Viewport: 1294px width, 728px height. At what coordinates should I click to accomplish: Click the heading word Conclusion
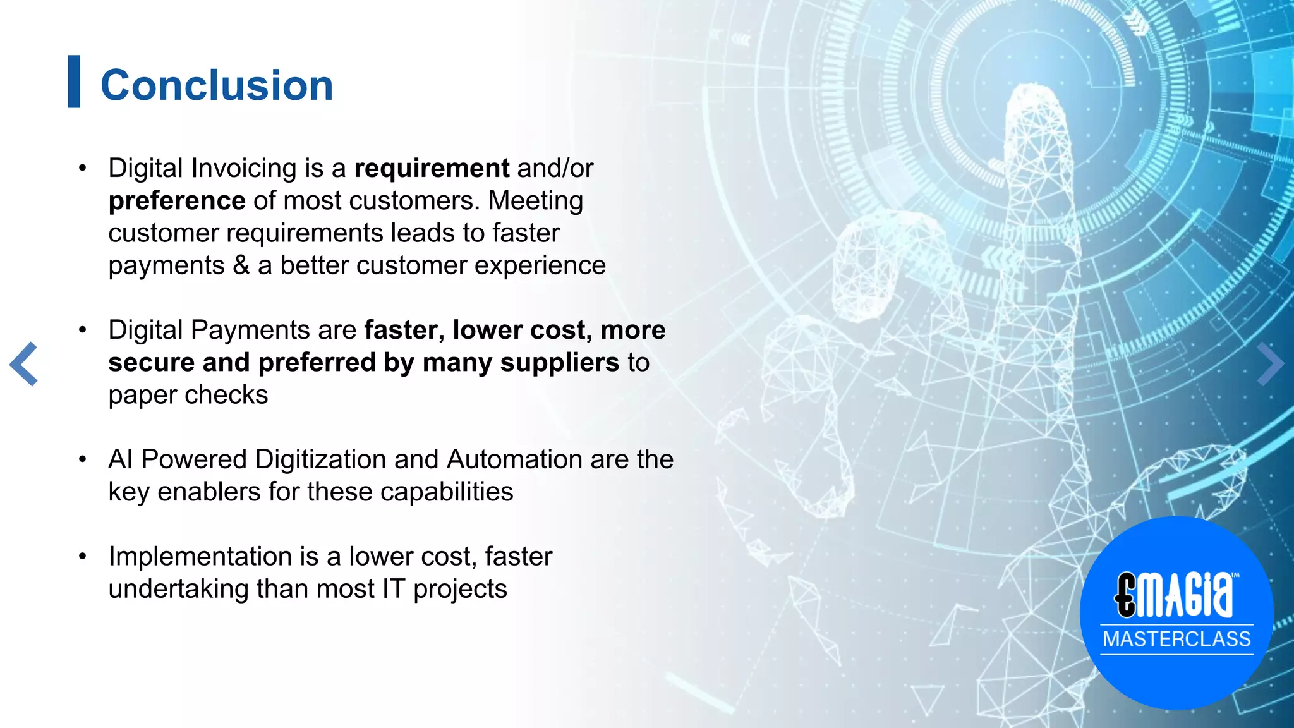[x=217, y=85]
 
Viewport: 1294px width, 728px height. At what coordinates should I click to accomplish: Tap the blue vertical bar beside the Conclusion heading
[x=74, y=82]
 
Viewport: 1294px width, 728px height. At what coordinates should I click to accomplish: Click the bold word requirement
[x=432, y=169]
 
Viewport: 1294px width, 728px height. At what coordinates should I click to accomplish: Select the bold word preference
[x=177, y=201]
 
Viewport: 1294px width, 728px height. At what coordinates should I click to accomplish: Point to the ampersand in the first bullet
[x=241, y=265]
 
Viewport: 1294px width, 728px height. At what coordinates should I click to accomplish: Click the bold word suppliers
[x=559, y=363]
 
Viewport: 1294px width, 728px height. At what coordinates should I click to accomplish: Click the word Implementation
[x=200, y=557]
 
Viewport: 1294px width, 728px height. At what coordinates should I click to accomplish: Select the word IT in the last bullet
[x=392, y=589]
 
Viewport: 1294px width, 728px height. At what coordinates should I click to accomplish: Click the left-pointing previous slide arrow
[x=24, y=364]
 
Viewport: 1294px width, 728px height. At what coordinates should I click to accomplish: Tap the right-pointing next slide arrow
[x=1270, y=364]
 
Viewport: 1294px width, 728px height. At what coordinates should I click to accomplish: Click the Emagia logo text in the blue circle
[x=1173, y=595]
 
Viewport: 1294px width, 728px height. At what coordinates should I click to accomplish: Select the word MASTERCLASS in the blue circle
[x=1176, y=639]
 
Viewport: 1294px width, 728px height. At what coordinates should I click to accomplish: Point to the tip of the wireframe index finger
[x=1034, y=95]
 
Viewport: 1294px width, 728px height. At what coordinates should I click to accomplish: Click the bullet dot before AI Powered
[x=82, y=459]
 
